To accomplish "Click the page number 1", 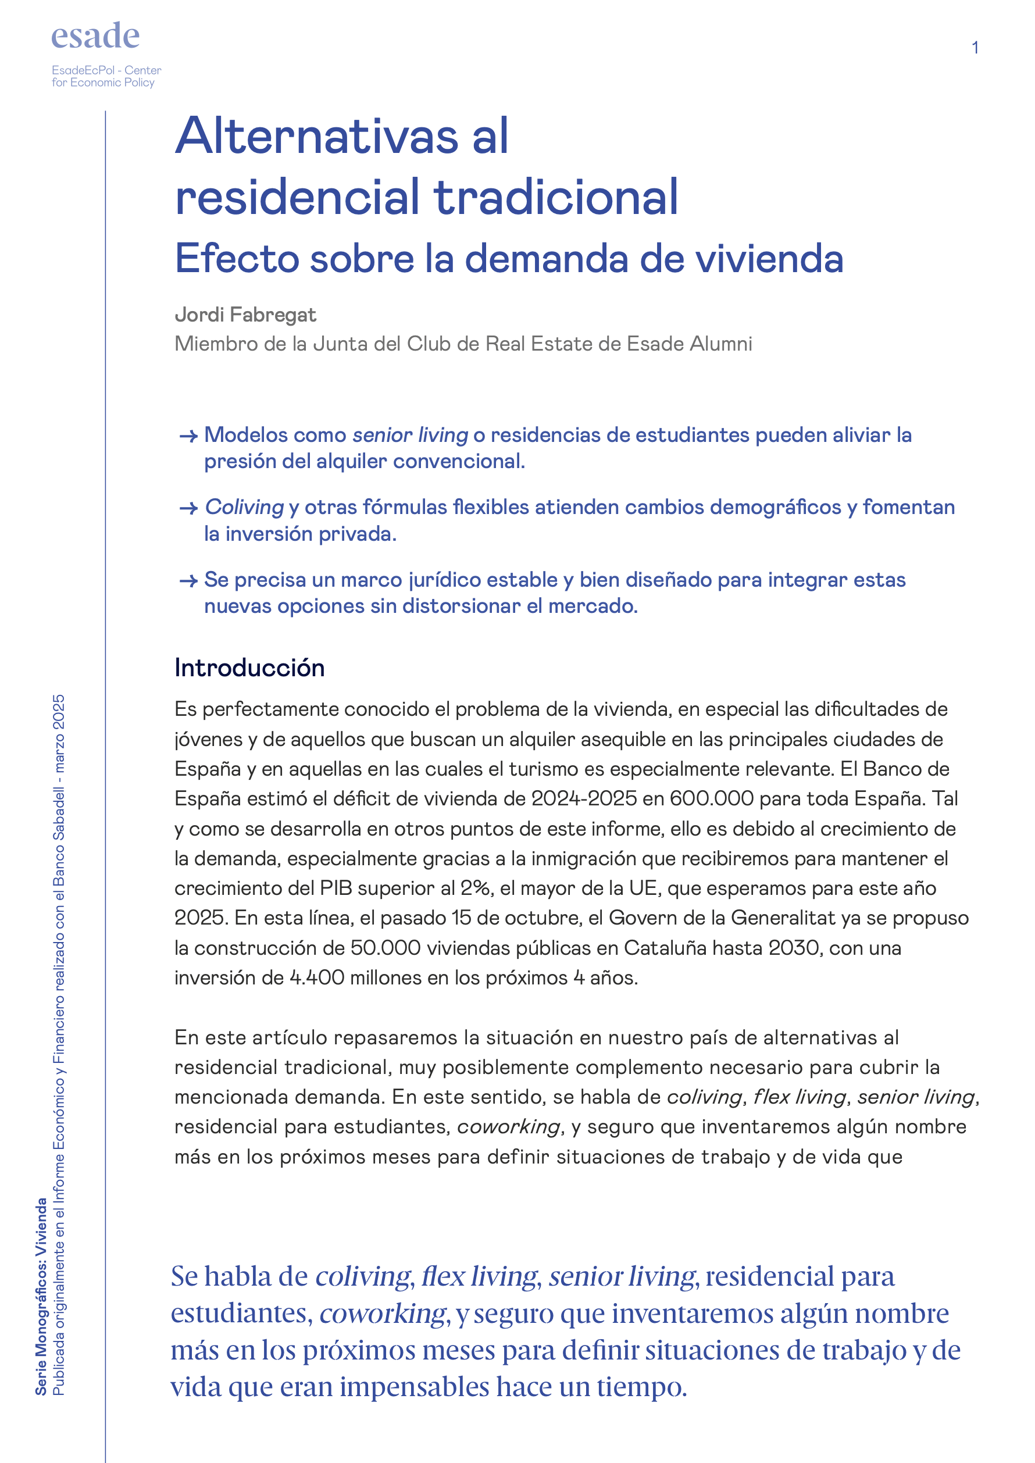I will (975, 48).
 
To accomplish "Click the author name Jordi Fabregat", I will (245, 315).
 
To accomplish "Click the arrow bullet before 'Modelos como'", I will (188, 437).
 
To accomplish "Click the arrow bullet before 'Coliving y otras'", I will (188, 508).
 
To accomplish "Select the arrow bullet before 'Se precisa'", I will (188, 581).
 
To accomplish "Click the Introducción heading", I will (249, 668).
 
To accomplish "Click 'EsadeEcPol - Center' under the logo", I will (106, 70).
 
